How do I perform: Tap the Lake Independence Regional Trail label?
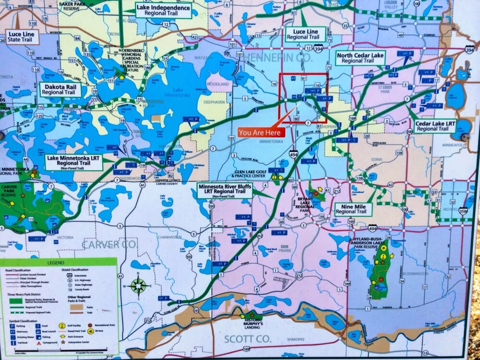coord(163,11)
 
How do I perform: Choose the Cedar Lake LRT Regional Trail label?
coord(435,126)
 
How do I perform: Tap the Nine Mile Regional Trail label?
coord(351,209)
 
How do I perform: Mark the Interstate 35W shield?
coord(463,210)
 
